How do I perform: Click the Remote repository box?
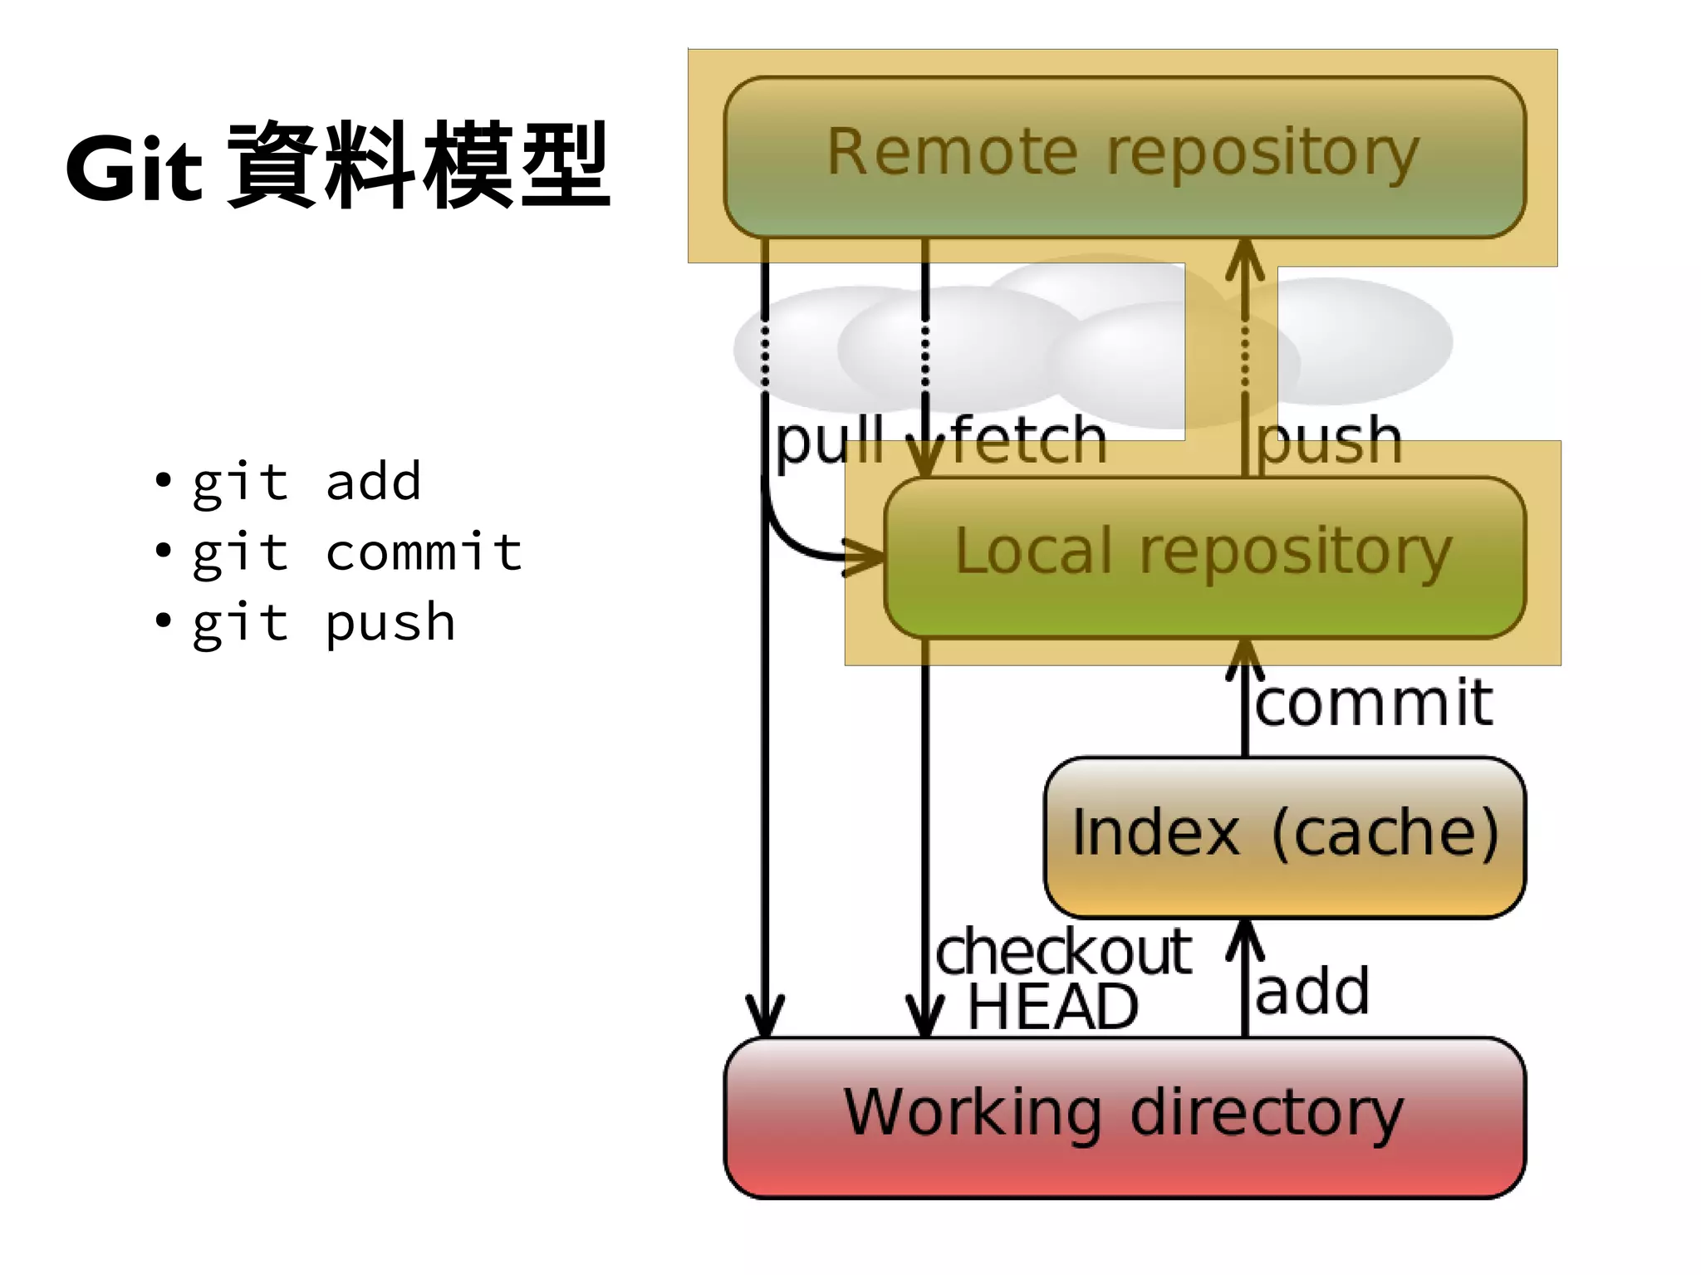(1124, 156)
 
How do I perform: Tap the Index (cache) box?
(1284, 836)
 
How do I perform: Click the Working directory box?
(1124, 1116)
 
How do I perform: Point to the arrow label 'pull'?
(829, 443)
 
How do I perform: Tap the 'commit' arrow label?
(1374, 703)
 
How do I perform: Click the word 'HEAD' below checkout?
(1053, 1008)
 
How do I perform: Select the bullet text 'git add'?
(306, 483)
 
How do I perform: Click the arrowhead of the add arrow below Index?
(1244, 939)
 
